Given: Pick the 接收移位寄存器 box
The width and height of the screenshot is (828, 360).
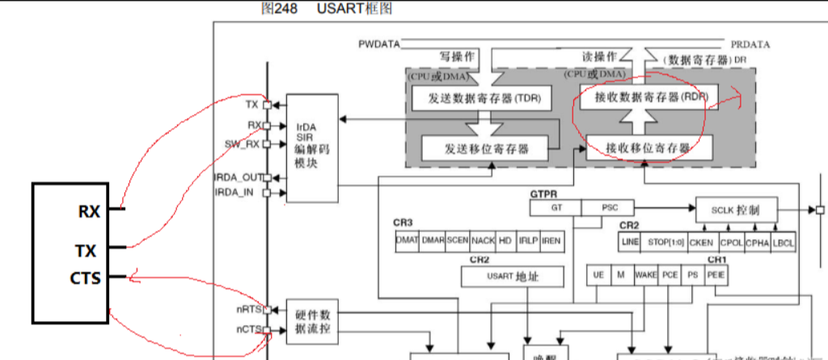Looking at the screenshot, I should click(648, 148).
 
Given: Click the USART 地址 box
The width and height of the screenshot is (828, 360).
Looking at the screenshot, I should click(512, 277).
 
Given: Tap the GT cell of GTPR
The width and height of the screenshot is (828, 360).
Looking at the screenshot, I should click(556, 207).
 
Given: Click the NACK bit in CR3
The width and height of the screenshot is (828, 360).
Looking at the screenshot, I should click(483, 240).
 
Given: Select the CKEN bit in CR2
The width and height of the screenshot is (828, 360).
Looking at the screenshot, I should click(702, 241).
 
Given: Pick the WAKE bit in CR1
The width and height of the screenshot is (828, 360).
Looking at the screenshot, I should click(646, 275).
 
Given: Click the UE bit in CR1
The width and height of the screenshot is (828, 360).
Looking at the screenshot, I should click(598, 275).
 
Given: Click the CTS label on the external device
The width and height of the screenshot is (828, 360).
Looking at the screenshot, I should click(85, 278).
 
